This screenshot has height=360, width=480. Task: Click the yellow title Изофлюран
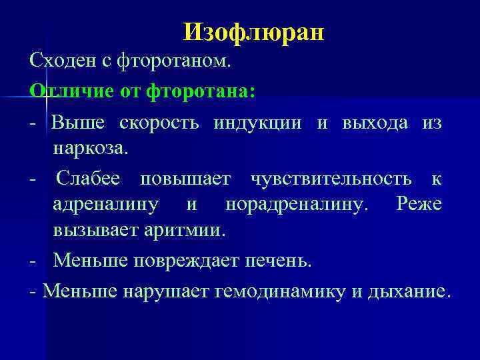click(x=253, y=31)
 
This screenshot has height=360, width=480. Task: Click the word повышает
click(x=186, y=179)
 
